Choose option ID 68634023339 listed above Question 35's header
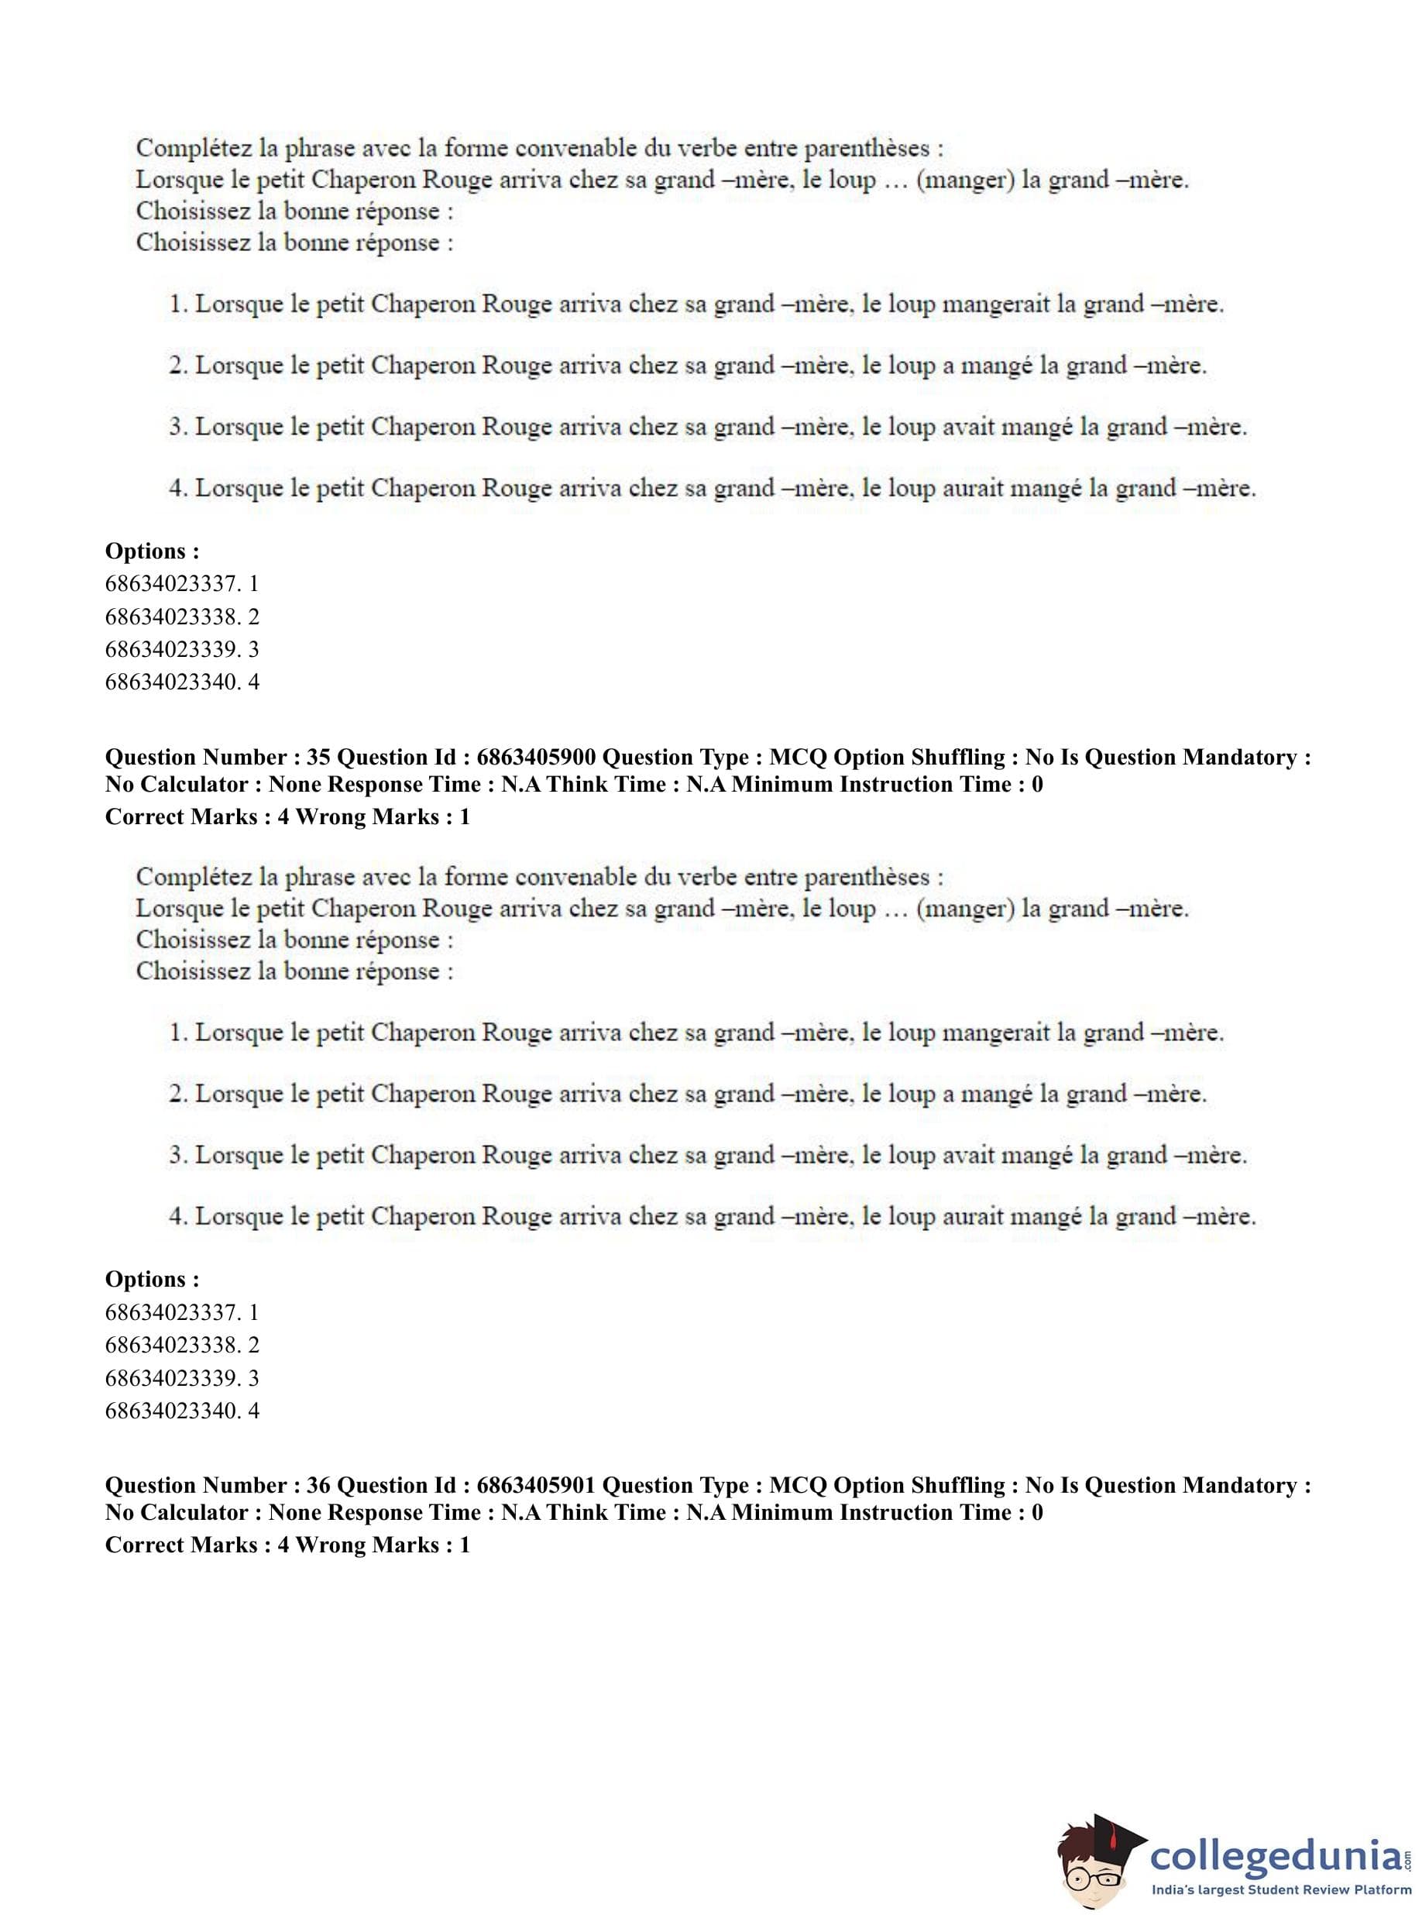[170, 649]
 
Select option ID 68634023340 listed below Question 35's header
[170, 1411]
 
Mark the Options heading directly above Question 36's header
[153, 1279]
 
